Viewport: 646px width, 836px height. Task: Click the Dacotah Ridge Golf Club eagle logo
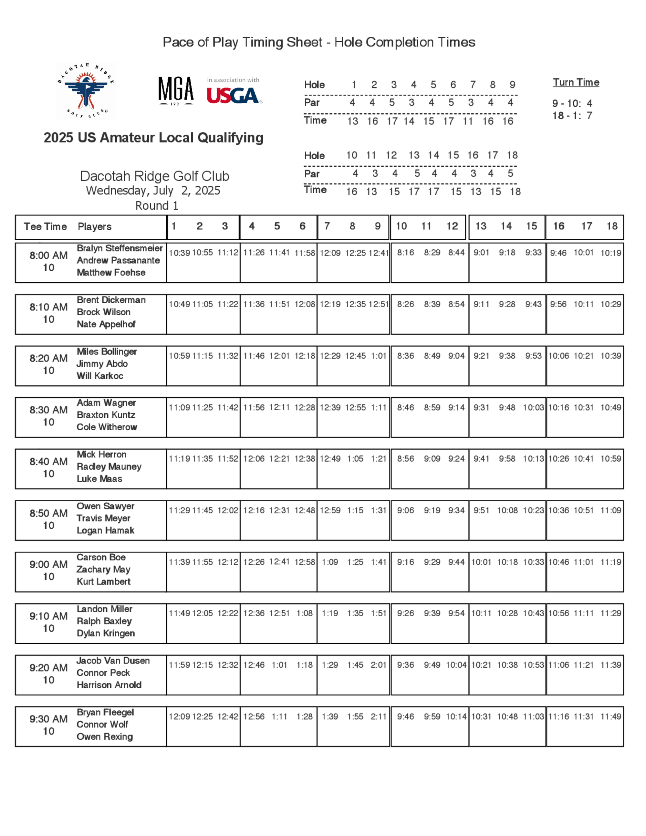[86, 91]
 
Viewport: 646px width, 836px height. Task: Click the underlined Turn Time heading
[576, 82]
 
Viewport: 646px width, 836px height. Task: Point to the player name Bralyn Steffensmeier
[120, 248]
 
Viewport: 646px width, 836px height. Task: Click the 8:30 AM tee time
[48, 410]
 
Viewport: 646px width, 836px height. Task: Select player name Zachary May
[103, 569]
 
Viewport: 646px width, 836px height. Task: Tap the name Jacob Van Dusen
[113, 660]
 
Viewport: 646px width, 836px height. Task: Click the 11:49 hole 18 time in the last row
[610, 716]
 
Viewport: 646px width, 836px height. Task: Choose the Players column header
[95, 227]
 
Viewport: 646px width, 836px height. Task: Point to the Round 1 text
[157, 206]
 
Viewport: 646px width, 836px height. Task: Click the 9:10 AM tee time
[48, 616]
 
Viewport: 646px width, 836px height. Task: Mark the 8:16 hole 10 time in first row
[405, 253]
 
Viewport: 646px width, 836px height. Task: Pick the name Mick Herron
[101, 455]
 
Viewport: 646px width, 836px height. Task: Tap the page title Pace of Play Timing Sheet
[319, 42]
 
